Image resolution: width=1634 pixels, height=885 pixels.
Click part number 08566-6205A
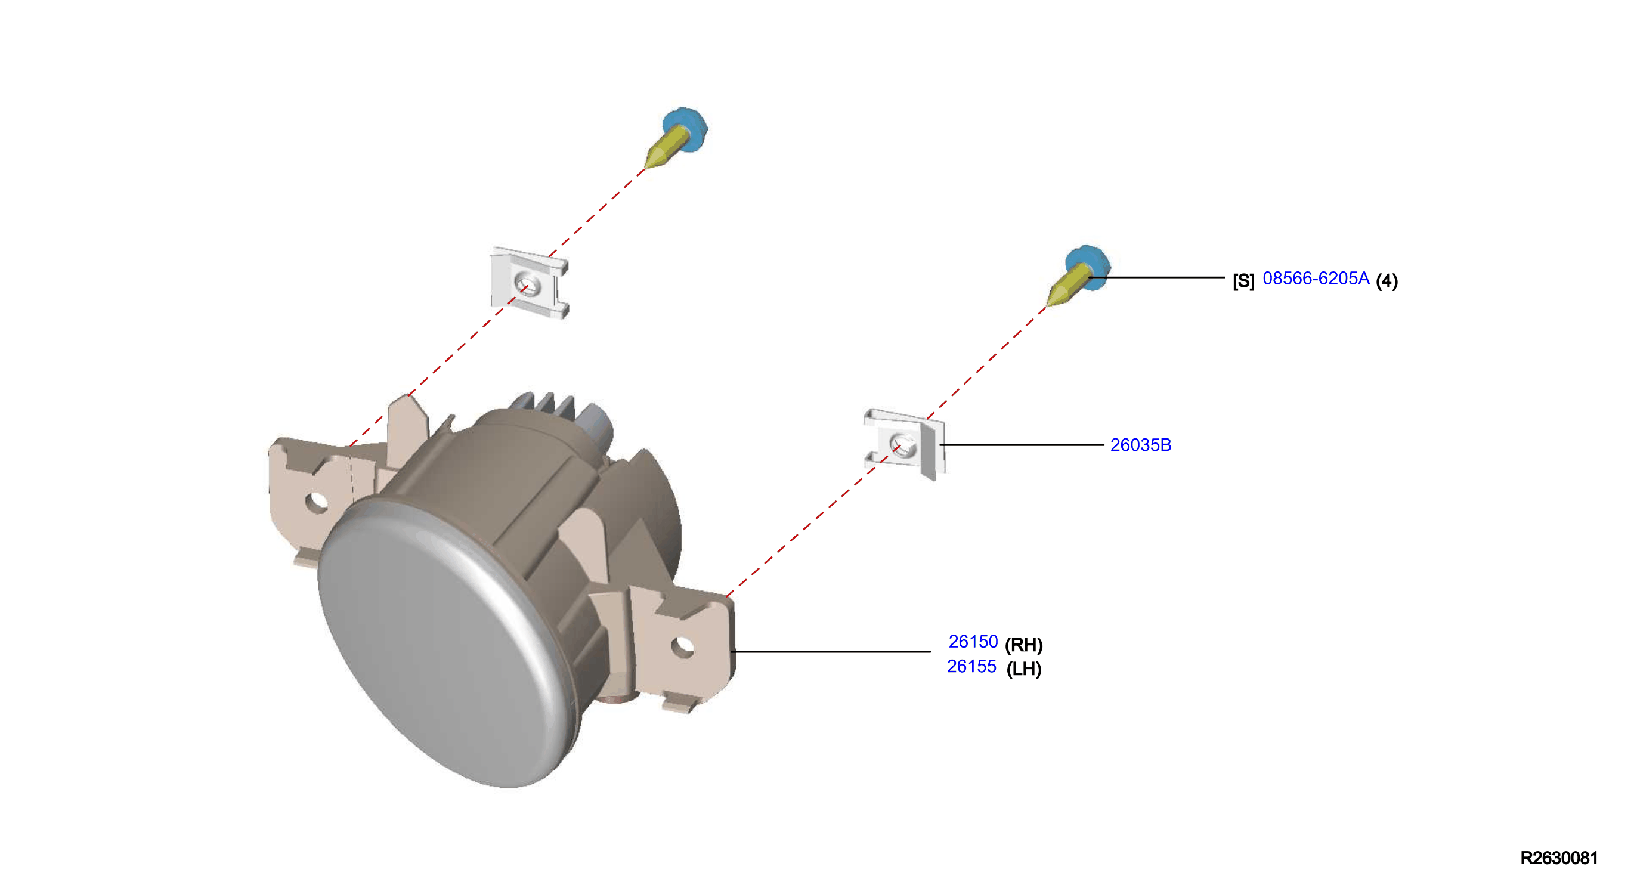(1316, 279)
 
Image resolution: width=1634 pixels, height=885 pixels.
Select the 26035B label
(1140, 445)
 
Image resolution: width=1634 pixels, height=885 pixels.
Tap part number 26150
(973, 642)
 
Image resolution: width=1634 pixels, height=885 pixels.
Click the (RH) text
(1024, 645)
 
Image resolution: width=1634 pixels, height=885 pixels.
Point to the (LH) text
(1024, 669)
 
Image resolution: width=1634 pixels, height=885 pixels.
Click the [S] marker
(1243, 280)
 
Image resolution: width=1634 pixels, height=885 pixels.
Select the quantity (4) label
(1387, 280)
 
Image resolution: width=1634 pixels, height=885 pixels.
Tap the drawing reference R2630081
(1558, 858)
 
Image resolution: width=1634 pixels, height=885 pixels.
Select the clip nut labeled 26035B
(905, 444)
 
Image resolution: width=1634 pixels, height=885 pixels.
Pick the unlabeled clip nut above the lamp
(530, 283)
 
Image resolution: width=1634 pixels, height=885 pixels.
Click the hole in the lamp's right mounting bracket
(683, 648)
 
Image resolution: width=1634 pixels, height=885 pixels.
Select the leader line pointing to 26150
(831, 652)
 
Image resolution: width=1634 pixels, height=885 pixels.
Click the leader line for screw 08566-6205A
(1157, 277)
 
